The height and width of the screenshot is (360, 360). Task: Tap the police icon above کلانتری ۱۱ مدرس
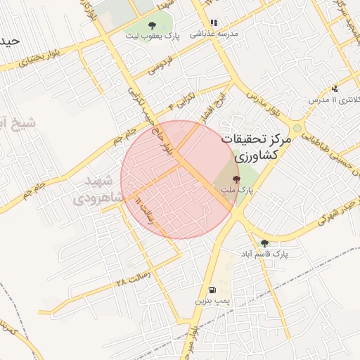coord(335,89)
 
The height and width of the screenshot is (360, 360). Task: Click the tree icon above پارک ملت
coord(236,180)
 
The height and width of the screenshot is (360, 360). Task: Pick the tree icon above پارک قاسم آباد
coord(265,243)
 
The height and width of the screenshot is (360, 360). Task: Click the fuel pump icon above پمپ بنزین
coord(212,290)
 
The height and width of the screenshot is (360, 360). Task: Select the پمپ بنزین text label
coord(211,300)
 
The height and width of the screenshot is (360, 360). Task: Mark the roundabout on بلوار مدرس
coord(297,129)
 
